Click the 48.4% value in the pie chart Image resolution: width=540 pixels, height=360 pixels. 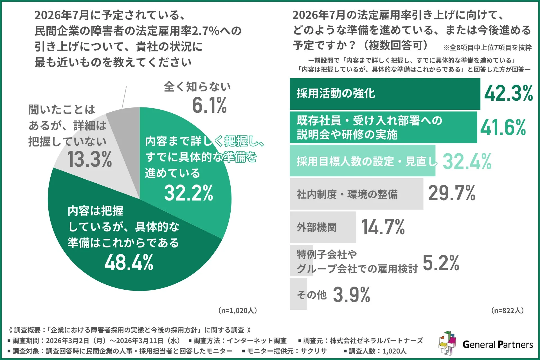click(129, 262)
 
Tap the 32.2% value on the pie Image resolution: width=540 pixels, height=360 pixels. click(189, 193)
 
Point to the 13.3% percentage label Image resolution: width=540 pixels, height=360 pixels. click(89, 159)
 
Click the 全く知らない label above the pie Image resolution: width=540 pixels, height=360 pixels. click(197, 87)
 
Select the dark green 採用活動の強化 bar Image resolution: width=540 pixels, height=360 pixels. click(385, 94)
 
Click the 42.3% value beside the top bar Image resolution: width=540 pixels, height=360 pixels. click(508, 93)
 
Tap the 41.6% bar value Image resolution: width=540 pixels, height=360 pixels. click(503, 128)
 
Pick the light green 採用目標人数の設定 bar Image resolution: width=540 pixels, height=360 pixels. click(362, 161)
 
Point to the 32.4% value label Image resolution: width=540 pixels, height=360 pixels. click(467, 161)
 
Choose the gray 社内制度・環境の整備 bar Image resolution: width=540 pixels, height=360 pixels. click(356, 194)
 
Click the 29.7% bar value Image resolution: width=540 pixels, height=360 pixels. click(451, 193)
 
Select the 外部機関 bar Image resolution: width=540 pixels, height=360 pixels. click(323, 227)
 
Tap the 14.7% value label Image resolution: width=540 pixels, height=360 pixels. click(383, 227)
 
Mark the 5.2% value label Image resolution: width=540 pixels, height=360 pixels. click(441, 263)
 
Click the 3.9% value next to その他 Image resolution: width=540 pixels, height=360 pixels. click(352, 295)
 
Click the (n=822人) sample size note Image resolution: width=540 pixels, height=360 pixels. click(507, 310)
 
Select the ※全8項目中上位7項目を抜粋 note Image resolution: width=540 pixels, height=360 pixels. click(487, 48)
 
